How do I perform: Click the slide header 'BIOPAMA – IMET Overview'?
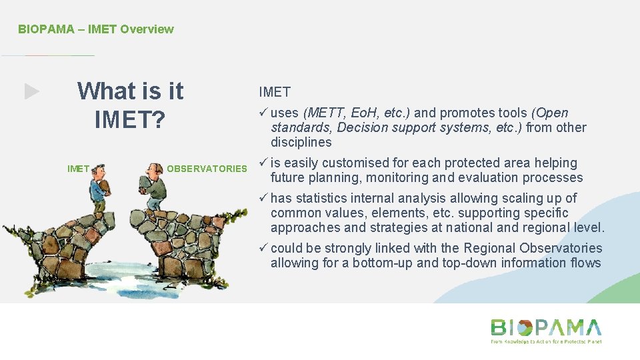tap(95, 29)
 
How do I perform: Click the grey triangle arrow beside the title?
tap(32, 91)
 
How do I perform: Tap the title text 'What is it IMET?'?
tap(130, 105)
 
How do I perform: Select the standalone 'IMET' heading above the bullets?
tap(275, 91)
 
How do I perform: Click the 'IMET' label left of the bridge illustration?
tap(78, 169)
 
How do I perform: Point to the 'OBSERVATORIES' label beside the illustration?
tap(207, 169)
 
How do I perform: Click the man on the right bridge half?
tap(155, 186)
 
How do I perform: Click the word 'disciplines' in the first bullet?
tap(301, 143)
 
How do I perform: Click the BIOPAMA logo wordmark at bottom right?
tap(546, 327)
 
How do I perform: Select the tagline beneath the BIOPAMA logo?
tap(546, 341)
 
